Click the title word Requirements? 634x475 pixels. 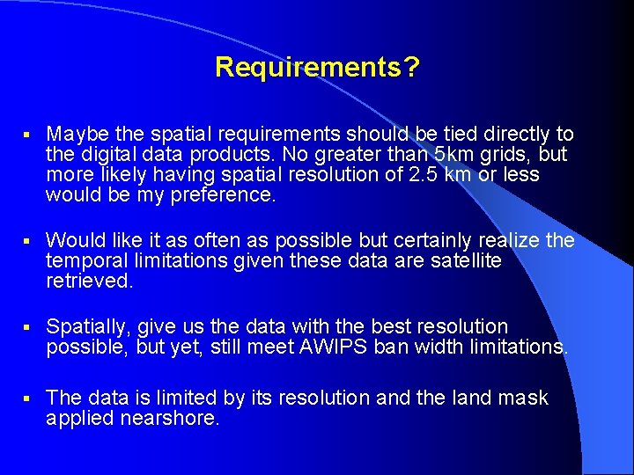coord(317,67)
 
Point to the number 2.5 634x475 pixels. coord(404,174)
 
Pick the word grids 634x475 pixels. coord(504,155)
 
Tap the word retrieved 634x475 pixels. coord(89,281)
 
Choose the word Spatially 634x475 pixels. coord(87,327)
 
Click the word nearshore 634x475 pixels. coord(132,419)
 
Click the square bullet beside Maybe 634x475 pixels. coord(28,135)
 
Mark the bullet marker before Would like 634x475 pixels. coord(28,241)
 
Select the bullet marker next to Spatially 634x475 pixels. coord(28,328)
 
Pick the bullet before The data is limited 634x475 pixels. coord(28,399)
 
